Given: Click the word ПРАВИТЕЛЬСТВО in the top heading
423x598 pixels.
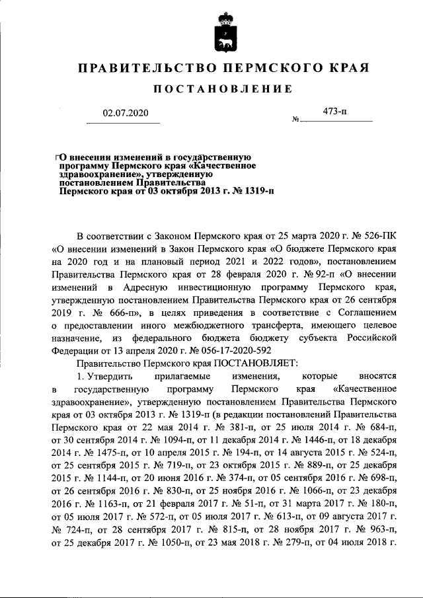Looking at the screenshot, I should [143, 68].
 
